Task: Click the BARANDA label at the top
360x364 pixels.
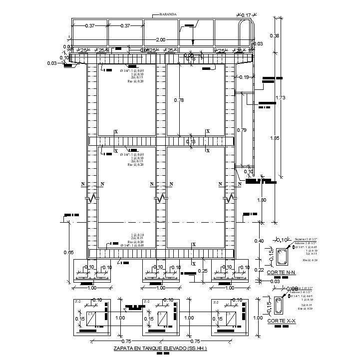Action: point(168,15)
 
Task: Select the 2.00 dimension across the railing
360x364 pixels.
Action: point(160,39)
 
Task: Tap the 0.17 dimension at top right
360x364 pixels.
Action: point(246,15)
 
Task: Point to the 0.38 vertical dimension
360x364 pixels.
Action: point(274,35)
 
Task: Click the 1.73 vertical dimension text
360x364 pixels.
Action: point(280,98)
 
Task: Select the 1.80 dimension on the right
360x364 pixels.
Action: point(262,200)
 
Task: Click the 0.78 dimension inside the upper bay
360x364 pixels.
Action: point(179,100)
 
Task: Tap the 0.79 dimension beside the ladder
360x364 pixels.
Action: point(241,130)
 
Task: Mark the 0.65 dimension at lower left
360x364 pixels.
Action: point(68,252)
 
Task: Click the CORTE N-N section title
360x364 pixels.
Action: point(282,273)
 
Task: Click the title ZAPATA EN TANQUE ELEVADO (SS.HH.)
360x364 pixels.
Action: point(160,348)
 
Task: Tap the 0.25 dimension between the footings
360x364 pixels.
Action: point(203,271)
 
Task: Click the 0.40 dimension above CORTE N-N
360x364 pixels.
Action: point(260,241)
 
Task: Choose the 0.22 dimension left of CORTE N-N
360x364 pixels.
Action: point(260,270)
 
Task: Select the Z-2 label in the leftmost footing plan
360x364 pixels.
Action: point(78,302)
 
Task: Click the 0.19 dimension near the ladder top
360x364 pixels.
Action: point(244,77)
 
